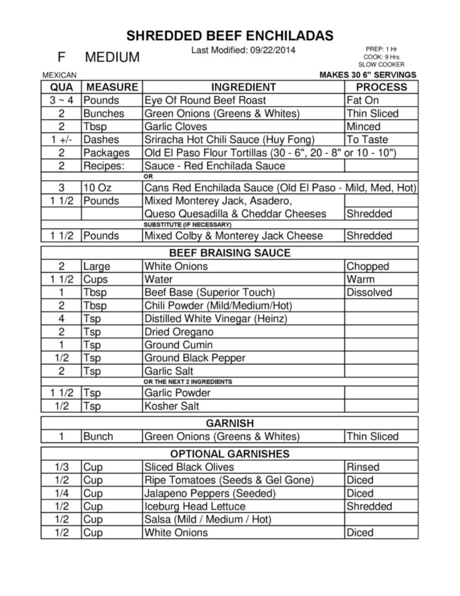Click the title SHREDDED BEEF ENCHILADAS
[x=230, y=36]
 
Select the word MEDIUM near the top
[x=112, y=57]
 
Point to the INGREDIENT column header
[x=243, y=87]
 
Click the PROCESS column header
[x=381, y=87]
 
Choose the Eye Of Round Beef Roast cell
[x=205, y=100]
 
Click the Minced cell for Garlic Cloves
[x=363, y=127]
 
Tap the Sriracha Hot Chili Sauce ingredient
[x=229, y=140]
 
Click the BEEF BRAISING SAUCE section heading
[x=230, y=253]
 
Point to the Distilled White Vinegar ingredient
[x=216, y=319]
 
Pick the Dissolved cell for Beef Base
[x=369, y=292]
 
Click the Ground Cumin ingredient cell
[x=178, y=345]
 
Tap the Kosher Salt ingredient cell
[x=172, y=406]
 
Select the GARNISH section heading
[x=230, y=423]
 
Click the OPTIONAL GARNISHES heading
[x=230, y=454]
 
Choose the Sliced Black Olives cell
[x=189, y=467]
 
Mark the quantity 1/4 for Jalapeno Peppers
[x=61, y=493]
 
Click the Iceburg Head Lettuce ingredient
[x=195, y=506]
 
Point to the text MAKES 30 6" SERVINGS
[x=368, y=75]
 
